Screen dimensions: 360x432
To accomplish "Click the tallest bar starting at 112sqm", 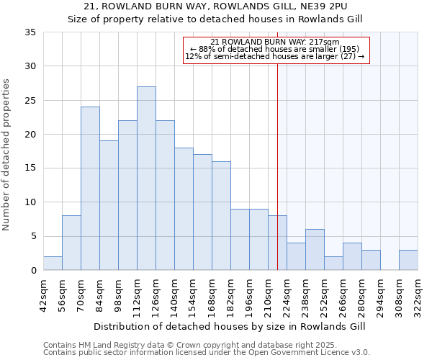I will pyautogui.click(x=146, y=179).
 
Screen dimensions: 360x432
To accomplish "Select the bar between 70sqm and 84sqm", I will pyautogui.click(x=90, y=189).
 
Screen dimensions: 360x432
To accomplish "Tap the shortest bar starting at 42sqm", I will pyautogui.click(x=53, y=264).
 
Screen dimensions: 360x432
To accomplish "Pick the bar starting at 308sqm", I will pyautogui.click(x=408, y=260).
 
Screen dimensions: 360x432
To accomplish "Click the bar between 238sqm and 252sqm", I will pyautogui.click(x=315, y=250).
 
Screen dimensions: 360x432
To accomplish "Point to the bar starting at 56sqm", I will pyautogui.click(x=71, y=243).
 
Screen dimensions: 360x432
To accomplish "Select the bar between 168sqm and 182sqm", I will pyautogui.click(x=221, y=216).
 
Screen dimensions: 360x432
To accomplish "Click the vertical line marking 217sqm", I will pyautogui.click(x=277, y=166).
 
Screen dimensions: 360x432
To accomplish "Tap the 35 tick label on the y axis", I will pyautogui.click(x=31, y=32).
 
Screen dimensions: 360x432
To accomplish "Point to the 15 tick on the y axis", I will pyautogui.click(x=31, y=168).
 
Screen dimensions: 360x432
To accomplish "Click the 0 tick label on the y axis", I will pyautogui.click(x=34, y=271).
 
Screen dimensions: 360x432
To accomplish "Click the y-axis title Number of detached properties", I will pyautogui.click(x=7, y=155).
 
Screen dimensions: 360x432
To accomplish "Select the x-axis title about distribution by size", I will pyautogui.click(x=230, y=326).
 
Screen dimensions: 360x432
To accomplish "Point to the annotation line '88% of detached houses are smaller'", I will pyautogui.click(x=276, y=49).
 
